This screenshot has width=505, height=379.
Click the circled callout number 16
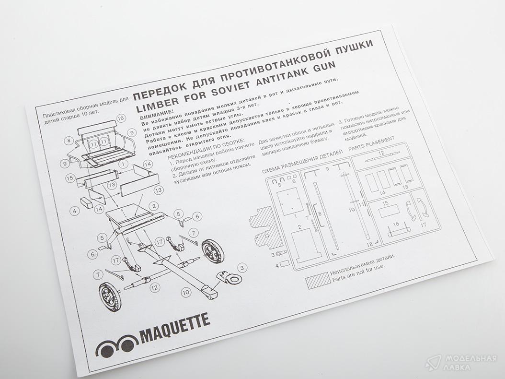point(120,118)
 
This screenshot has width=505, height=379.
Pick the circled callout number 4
point(74,211)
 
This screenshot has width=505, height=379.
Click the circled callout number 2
point(154,206)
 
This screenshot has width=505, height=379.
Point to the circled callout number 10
point(186,293)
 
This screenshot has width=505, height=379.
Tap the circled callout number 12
point(154,287)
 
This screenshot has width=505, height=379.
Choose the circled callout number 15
point(69,178)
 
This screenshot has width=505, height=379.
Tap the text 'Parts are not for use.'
point(358,272)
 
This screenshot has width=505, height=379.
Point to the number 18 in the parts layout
point(370,245)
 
